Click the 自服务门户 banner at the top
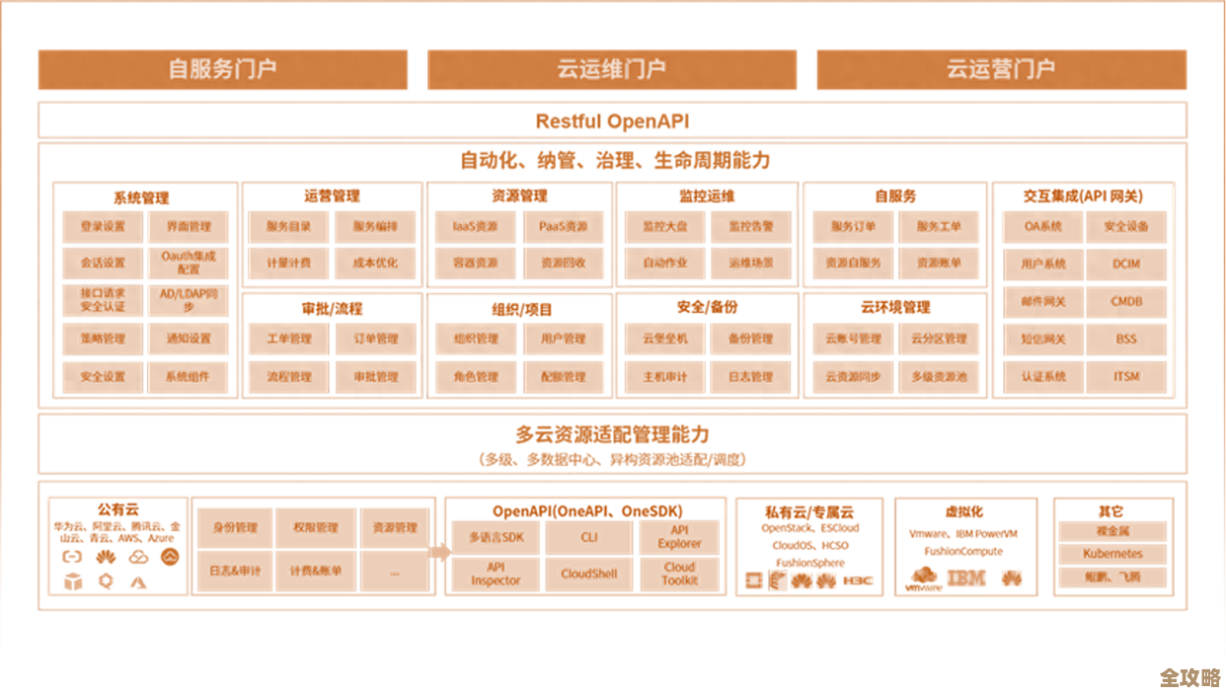(x=222, y=69)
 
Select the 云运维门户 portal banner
(x=612, y=69)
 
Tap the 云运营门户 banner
(x=1001, y=69)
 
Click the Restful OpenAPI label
(x=612, y=121)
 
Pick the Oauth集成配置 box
(x=189, y=263)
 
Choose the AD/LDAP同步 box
(x=189, y=300)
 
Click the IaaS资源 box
(x=475, y=227)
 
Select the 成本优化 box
(x=375, y=264)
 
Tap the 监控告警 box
(x=750, y=227)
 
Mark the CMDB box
(x=1126, y=301)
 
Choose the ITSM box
(x=1126, y=376)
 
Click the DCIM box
(x=1126, y=264)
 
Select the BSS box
(x=1126, y=339)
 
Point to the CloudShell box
(x=589, y=574)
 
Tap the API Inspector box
(x=496, y=574)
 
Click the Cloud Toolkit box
(x=679, y=574)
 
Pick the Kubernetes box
(x=1112, y=554)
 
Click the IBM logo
(x=965, y=578)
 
